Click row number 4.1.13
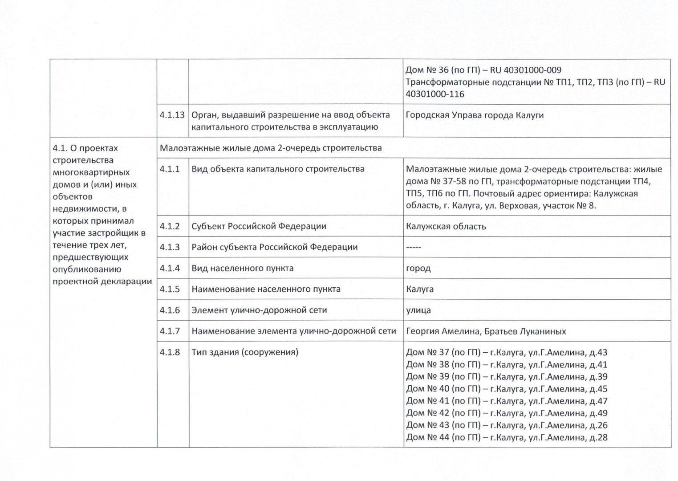coord(172,115)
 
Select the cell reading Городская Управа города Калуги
coord(475,115)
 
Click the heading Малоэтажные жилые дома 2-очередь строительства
coord(271,148)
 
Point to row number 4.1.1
coord(170,169)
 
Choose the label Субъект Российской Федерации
coord(259,226)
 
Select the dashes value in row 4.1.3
coord(414,247)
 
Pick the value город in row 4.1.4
coord(418,268)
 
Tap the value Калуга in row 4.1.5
coord(420,289)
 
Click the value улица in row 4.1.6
coord(418,310)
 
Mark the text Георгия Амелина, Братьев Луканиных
coord(486,331)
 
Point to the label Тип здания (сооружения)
coord(245,352)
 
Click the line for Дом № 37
coord(506,352)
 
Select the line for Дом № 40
coord(506,389)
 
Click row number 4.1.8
coord(170,352)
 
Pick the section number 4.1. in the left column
coord(60,148)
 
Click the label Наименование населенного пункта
coord(266,289)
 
